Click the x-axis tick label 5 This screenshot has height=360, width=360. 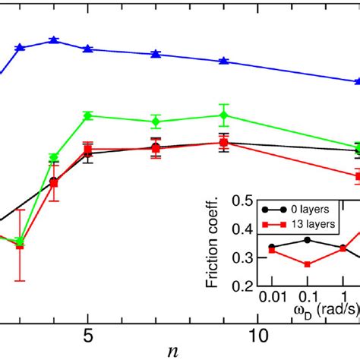point(88,335)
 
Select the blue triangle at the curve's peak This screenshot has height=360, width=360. point(53,40)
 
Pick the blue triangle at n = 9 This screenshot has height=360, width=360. point(223,61)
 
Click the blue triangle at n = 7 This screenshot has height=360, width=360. point(156,54)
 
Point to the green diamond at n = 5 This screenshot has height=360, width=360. point(88,115)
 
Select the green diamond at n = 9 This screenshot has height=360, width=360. point(223,115)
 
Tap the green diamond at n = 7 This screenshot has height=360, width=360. point(156,122)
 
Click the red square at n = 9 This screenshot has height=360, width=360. point(223,143)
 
